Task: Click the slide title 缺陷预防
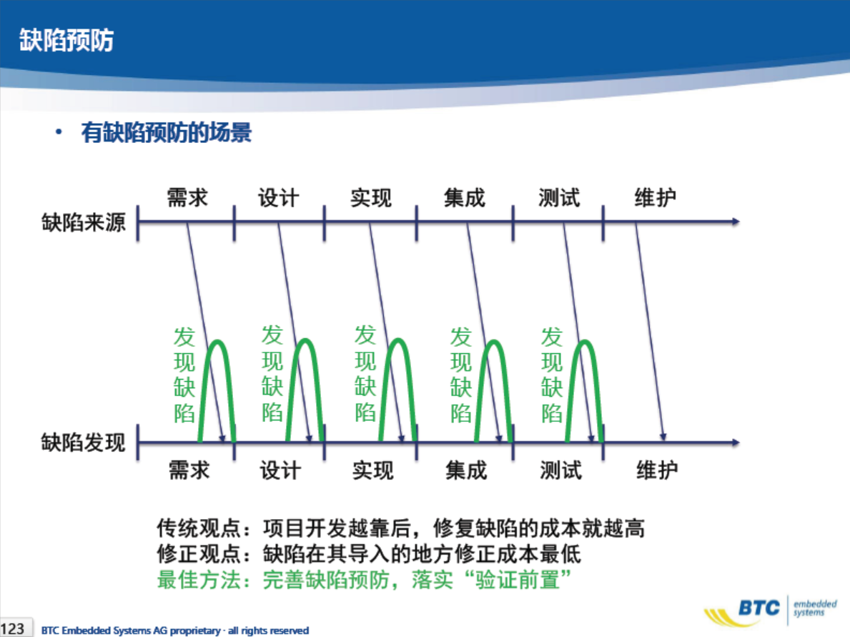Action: [x=66, y=40]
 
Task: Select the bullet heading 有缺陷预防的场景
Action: [x=167, y=132]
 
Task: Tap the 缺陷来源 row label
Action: [x=84, y=222]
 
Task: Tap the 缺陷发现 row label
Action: [x=84, y=443]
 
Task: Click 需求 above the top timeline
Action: [x=187, y=197]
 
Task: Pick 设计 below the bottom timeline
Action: [x=280, y=470]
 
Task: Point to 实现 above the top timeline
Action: [x=371, y=197]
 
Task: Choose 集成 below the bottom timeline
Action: [x=466, y=470]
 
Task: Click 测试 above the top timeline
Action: [x=559, y=197]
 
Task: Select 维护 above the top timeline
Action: [x=656, y=197]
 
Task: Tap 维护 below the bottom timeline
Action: [x=657, y=470]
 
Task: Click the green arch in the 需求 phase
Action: [x=218, y=342]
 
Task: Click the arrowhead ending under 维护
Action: [x=663, y=437]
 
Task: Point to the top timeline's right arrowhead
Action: [x=736, y=222]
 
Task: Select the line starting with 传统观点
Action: [x=401, y=528]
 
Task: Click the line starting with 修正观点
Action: [x=369, y=554]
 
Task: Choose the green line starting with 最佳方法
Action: [x=364, y=580]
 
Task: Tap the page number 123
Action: [x=12, y=629]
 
